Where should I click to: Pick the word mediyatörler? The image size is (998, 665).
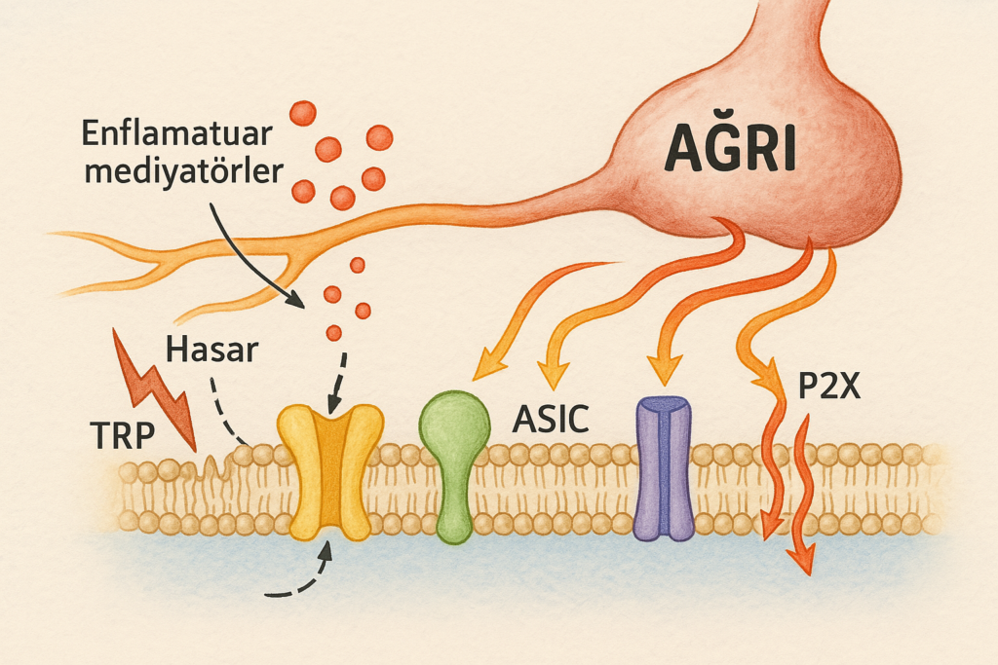[x=184, y=172]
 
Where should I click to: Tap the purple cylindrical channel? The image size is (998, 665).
[x=663, y=467]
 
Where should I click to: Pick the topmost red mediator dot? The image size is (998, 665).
[x=304, y=112]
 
